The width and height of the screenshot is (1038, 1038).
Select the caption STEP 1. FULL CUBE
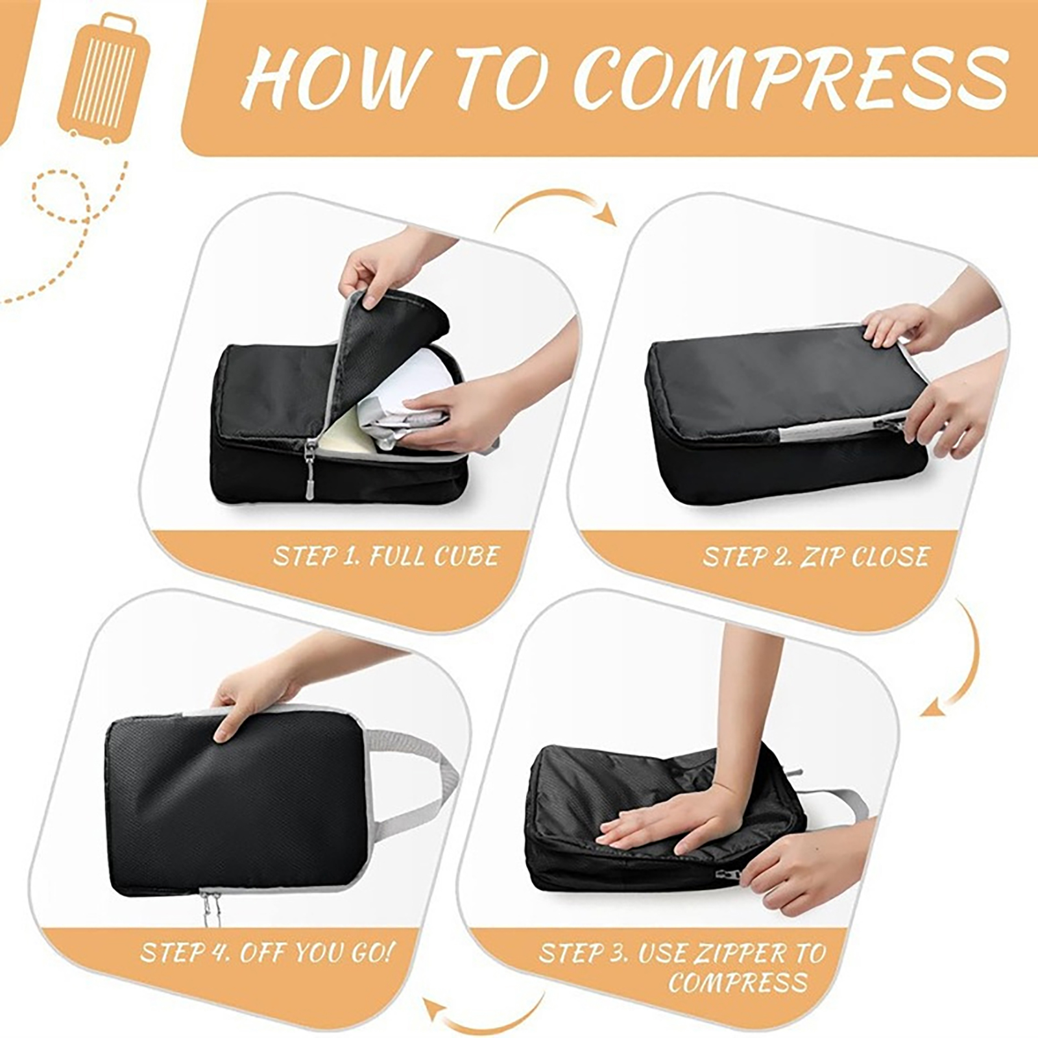pos(387,556)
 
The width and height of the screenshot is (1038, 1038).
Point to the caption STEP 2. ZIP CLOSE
pos(816,556)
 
